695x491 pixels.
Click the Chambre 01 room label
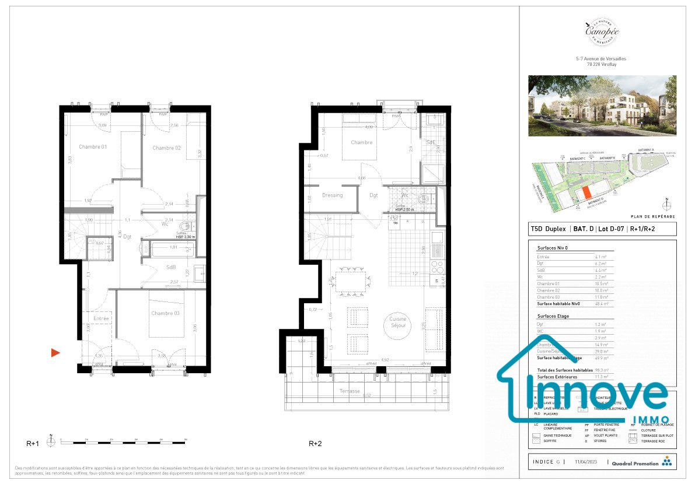point(92,147)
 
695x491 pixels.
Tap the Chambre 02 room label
point(167,148)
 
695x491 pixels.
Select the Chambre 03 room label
point(165,314)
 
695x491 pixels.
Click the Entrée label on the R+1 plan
point(101,318)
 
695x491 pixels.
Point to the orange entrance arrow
point(55,352)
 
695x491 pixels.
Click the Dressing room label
point(332,195)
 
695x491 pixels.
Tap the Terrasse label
point(351,391)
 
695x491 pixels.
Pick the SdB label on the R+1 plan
point(171,267)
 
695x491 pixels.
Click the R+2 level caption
point(315,444)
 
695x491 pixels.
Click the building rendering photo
point(602,106)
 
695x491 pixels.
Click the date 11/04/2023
point(585,462)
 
